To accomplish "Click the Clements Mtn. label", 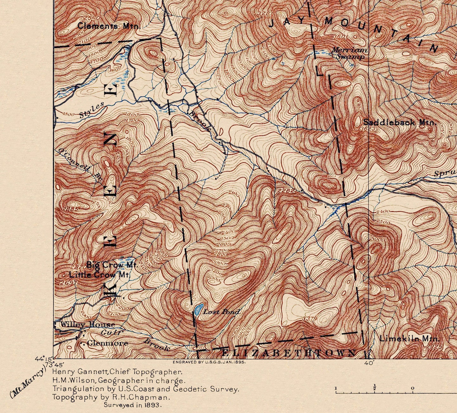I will coord(108,26).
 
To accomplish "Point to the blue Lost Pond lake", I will coord(198,309).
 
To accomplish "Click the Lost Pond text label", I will coord(221,312).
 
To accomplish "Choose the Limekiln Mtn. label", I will coord(409,339).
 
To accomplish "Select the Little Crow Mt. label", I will coord(100,274).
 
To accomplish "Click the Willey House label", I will coord(87,324).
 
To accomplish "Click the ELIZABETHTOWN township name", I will coord(288,353).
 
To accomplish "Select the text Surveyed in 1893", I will coord(133,404).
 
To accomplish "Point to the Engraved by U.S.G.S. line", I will coord(209,362).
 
